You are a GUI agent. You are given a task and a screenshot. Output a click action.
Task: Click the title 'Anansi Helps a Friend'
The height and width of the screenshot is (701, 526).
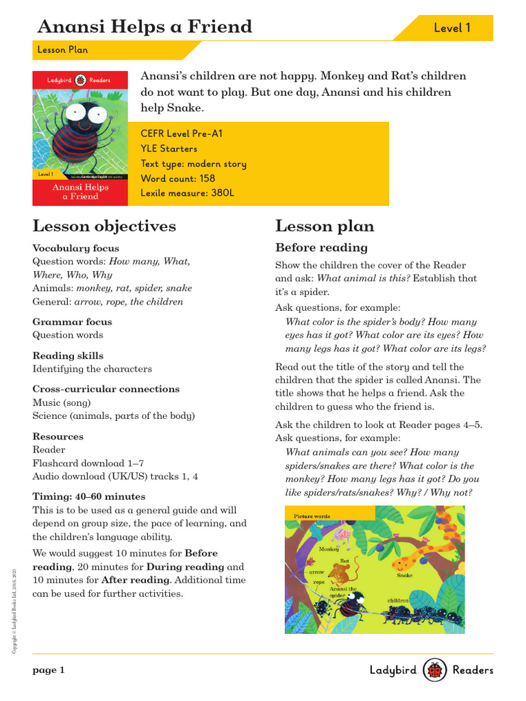click(145, 27)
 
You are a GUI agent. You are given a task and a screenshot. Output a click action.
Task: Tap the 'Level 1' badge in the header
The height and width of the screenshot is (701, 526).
click(452, 28)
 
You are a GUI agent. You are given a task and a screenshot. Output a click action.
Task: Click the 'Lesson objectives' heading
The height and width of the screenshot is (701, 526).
click(104, 226)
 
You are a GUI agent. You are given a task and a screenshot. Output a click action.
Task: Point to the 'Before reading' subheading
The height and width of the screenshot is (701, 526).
click(321, 247)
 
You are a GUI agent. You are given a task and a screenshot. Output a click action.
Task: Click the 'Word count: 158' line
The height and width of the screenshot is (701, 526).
click(177, 179)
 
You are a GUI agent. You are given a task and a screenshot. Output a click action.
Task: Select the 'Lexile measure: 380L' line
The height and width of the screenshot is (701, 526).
click(187, 193)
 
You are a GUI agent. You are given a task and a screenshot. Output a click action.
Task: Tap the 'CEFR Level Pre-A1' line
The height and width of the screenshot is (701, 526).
click(181, 134)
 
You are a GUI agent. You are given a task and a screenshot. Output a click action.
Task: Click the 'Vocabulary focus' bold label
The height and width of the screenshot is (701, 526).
click(76, 248)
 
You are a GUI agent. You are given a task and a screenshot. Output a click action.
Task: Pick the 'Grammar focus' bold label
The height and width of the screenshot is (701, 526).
click(73, 322)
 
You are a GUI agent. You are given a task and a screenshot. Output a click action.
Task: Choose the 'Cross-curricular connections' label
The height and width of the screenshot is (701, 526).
click(106, 389)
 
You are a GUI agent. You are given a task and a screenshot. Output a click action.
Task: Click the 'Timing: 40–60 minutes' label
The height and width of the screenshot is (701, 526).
click(89, 496)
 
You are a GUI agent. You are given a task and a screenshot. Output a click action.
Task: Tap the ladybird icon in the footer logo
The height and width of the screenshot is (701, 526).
click(435, 670)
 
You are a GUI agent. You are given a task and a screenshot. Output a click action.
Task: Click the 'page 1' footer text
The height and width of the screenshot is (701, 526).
click(49, 671)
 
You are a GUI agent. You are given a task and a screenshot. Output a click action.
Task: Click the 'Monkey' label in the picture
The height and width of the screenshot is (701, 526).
click(329, 549)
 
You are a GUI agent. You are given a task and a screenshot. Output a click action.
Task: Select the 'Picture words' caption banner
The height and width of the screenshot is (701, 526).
click(312, 516)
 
